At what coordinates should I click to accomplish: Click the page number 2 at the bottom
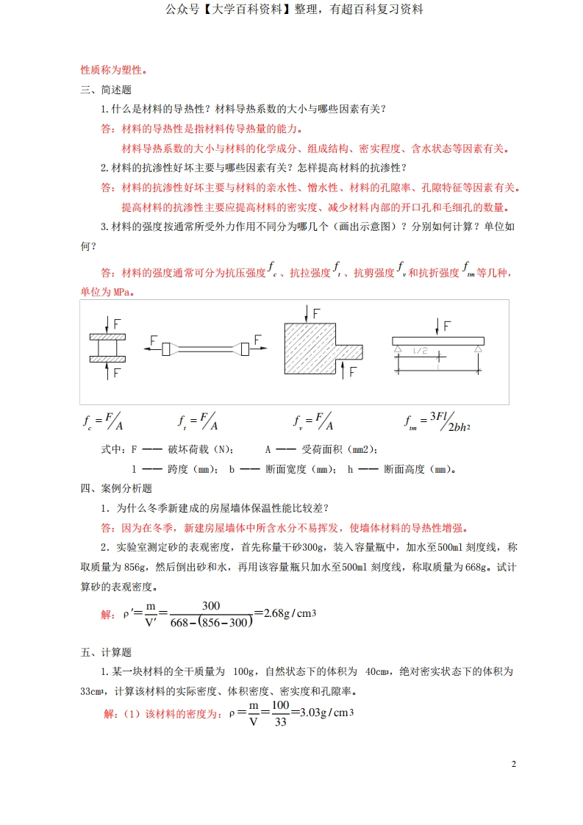click(514, 764)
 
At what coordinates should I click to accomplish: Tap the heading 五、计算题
click(105, 651)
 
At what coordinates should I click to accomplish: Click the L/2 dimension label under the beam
click(420, 351)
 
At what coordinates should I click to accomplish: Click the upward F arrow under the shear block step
click(342, 370)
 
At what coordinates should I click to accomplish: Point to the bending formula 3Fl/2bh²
click(434, 421)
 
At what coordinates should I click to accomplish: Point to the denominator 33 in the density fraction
click(279, 720)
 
